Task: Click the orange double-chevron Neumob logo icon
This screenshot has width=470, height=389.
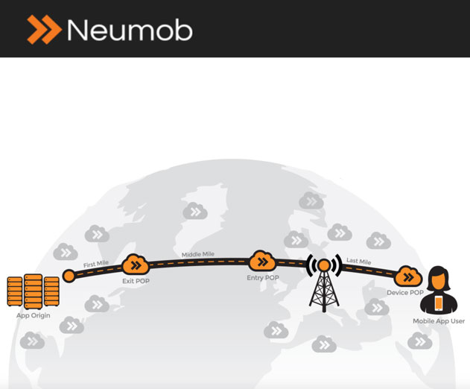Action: pos(44,29)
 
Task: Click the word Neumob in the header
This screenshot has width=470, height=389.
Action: pos(130,30)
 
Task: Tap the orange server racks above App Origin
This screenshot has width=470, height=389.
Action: pos(33,291)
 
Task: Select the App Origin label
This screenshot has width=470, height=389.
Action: pos(34,315)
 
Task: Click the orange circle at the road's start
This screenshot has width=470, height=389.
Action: pos(69,276)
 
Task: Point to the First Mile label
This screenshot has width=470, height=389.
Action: pos(96,264)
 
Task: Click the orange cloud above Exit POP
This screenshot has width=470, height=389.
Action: pos(136,265)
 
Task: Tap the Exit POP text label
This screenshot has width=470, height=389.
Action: pos(136,281)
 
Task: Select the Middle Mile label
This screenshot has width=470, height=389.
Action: pos(198,254)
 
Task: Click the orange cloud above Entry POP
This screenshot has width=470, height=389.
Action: pos(263,261)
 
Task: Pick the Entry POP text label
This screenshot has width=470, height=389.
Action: pos(263,278)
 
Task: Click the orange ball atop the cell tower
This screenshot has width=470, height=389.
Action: pos(324,265)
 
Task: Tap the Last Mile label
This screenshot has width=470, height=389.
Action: pos(359,262)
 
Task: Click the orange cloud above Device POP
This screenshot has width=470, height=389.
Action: pos(408,276)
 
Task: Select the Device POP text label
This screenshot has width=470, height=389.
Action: pos(405,292)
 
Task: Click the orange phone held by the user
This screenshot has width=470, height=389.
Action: pos(439,303)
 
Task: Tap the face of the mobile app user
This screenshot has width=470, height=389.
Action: pos(439,280)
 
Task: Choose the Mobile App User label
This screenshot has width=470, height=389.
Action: pos(439,321)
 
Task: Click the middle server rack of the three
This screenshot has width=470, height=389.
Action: pos(33,291)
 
